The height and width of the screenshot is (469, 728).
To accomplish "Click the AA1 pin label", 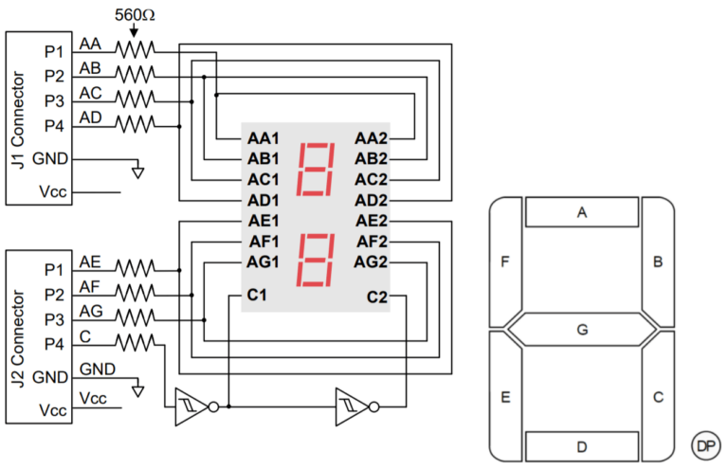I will pyautogui.click(x=263, y=138).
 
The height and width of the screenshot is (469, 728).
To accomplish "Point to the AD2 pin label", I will pyautogui.click(x=372, y=200).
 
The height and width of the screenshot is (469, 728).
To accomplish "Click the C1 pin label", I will pyautogui.click(x=256, y=297).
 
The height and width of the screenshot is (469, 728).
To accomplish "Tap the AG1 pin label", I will pyautogui.click(x=263, y=262).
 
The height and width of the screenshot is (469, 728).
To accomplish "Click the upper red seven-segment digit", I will pyautogui.click(x=316, y=169).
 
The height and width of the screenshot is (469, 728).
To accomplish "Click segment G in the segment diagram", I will pyautogui.click(x=582, y=330).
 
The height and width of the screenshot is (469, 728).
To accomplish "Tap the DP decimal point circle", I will pyautogui.click(x=704, y=445).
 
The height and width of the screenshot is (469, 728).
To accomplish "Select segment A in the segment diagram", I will pyautogui.click(x=582, y=213).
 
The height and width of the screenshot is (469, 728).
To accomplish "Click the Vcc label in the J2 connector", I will pyautogui.click(x=47, y=409).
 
